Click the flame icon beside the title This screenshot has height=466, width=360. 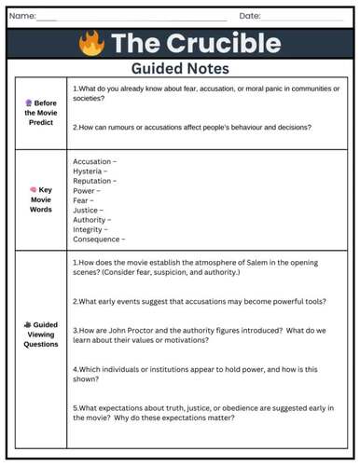[90, 43]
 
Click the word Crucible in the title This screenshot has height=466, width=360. [222, 43]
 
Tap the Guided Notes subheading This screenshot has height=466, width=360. [179, 68]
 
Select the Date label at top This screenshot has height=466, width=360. [249, 16]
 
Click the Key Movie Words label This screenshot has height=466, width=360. [41, 199]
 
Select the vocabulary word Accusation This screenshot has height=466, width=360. [91, 162]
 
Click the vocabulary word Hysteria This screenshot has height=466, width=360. [88, 173]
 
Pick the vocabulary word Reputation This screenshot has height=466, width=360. [91, 185]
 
